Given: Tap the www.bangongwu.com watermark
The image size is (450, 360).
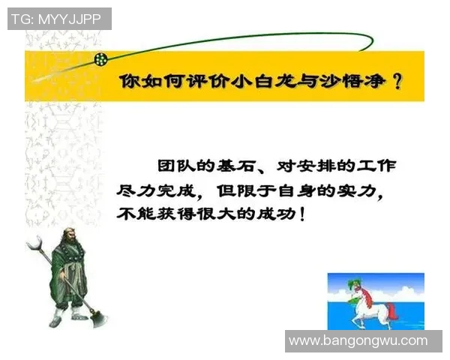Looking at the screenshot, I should click(358, 340).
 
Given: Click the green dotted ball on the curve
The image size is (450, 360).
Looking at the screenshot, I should click(100, 58).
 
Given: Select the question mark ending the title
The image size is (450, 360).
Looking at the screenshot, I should click(397, 82).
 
